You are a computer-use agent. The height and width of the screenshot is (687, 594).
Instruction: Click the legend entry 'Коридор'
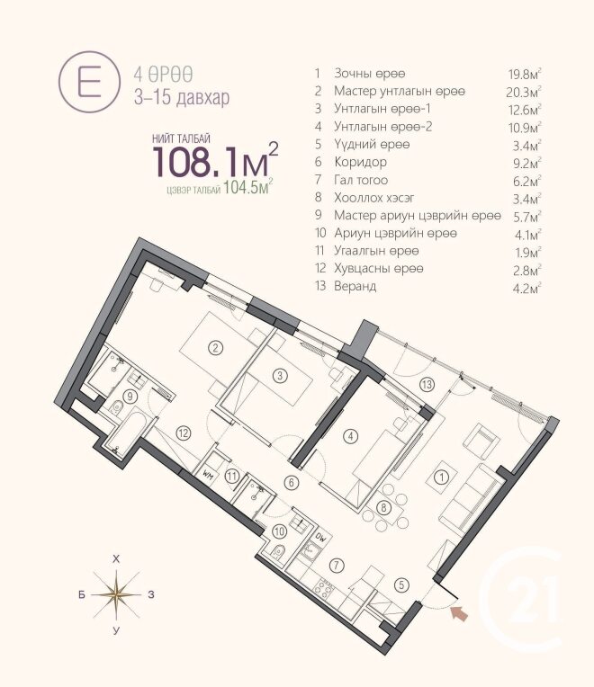pyautogui.click(x=360, y=162)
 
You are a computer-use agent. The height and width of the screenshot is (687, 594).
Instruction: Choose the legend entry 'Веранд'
pyautogui.click(x=355, y=286)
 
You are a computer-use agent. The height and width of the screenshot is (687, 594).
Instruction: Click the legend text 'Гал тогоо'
pyautogui.click(x=361, y=180)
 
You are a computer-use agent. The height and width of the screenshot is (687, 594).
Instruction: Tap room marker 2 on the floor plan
pyautogui.click(x=215, y=348)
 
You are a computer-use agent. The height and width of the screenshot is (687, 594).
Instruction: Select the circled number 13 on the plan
pyautogui.click(x=427, y=385)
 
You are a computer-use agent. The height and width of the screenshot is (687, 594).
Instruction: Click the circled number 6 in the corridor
pyautogui.click(x=292, y=483)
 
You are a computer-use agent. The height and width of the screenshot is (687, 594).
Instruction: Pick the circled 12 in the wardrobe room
pyautogui.click(x=184, y=433)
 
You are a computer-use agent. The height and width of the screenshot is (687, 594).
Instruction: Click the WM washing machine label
pyautogui.click(x=208, y=474)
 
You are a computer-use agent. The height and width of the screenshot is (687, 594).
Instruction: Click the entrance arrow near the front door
pyautogui.click(x=459, y=612)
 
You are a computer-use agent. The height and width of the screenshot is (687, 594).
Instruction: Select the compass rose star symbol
pyautogui.click(x=116, y=594)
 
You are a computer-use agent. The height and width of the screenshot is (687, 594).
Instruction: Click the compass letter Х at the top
pyautogui.click(x=116, y=559)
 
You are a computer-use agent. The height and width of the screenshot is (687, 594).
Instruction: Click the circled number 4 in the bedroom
pyautogui.click(x=350, y=436)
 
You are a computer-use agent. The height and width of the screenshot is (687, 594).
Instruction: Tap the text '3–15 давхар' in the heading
pyautogui.click(x=182, y=97)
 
